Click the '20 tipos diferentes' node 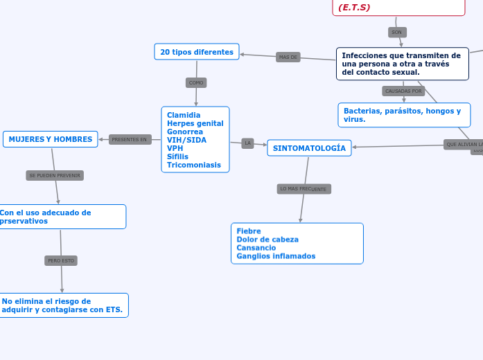(x=197, y=52)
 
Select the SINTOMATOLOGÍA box (x=309, y=148)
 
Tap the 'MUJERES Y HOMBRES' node (x=51, y=139)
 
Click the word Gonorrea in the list (x=185, y=132)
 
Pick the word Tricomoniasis (x=194, y=165)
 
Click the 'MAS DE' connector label (x=288, y=57)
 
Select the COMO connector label (x=197, y=82)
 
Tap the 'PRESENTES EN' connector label (x=130, y=139)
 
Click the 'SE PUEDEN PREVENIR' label (x=55, y=175)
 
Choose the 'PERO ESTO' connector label (x=61, y=260)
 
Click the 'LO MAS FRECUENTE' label (x=304, y=189)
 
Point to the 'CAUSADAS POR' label (x=403, y=91)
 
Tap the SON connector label (x=397, y=32)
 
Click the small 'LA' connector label (x=247, y=143)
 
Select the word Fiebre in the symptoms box (x=249, y=231)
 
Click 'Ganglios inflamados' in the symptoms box (x=276, y=256)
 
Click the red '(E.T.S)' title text (x=354, y=7)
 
